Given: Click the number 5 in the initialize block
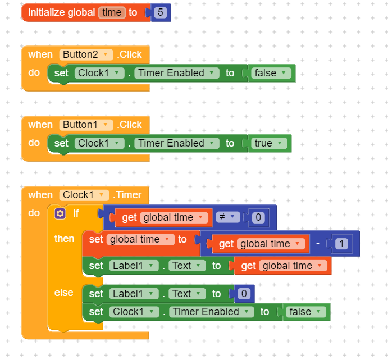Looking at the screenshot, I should tap(161, 12).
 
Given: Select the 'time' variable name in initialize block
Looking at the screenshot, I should tap(112, 12).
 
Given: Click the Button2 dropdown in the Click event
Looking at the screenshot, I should tap(86, 54).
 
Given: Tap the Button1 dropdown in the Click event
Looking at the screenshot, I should tap(86, 125).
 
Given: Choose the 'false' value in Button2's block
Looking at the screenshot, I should tap(272, 73).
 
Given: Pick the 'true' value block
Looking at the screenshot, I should tap(270, 143).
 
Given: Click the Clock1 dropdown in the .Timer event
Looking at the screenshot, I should tap(84, 195).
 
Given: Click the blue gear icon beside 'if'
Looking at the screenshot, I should tap(61, 213).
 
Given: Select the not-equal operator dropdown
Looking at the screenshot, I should tap(227, 217).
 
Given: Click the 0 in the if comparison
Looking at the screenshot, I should tap(258, 217).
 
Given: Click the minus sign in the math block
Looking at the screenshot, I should tap(318, 244).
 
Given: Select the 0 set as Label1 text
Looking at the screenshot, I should tap(244, 294).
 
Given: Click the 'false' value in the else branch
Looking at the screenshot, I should tap(306, 312).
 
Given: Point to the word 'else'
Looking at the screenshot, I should tap(63, 293).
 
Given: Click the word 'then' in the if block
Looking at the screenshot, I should tap(64, 239).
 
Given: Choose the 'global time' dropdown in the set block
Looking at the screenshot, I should tap(141, 240).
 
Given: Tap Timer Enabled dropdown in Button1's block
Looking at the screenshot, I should tap(178, 143).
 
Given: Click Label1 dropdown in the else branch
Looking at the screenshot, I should tap(134, 294).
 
